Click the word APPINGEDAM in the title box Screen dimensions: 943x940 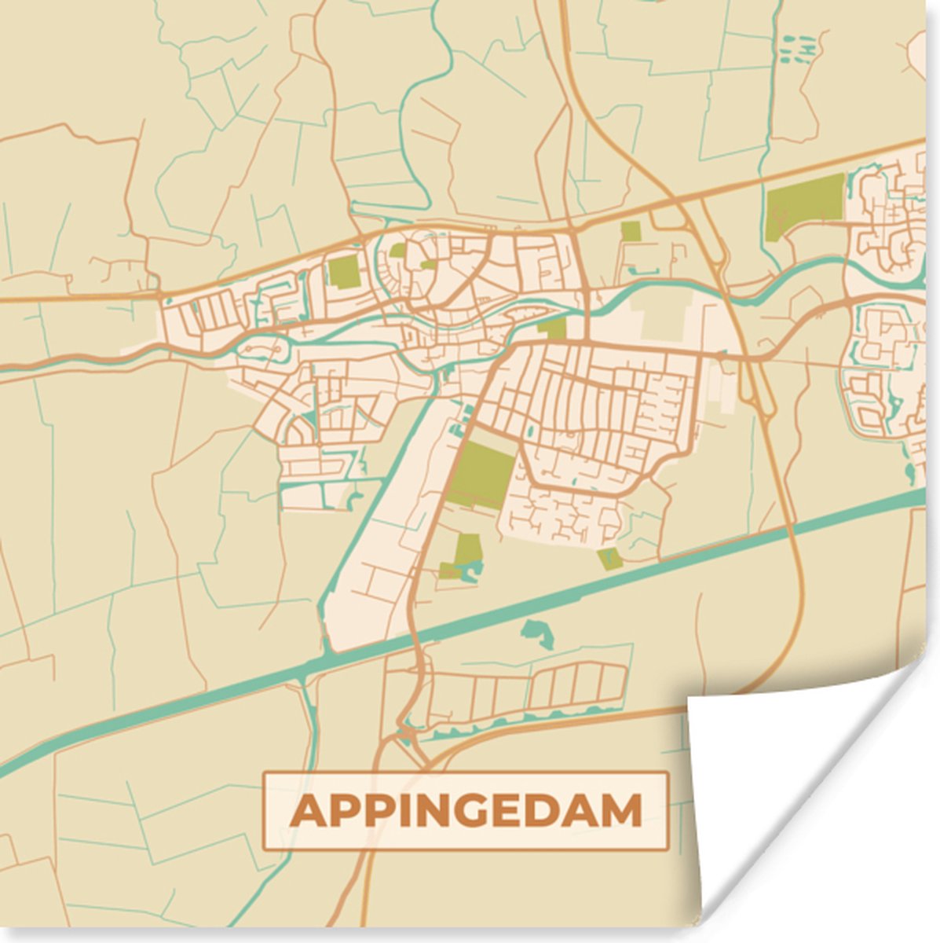pyautogui.click(x=466, y=811)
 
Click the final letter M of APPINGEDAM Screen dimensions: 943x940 pyautogui.click(x=624, y=811)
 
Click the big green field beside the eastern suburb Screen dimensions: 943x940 pyautogui.click(x=803, y=203)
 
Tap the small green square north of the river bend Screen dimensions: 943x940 pyautogui.click(x=630, y=231)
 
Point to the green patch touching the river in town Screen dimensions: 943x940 pyautogui.click(x=554, y=328)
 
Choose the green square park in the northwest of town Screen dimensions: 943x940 pyautogui.click(x=344, y=272)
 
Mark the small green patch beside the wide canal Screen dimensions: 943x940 pyautogui.click(x=609, y=559)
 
